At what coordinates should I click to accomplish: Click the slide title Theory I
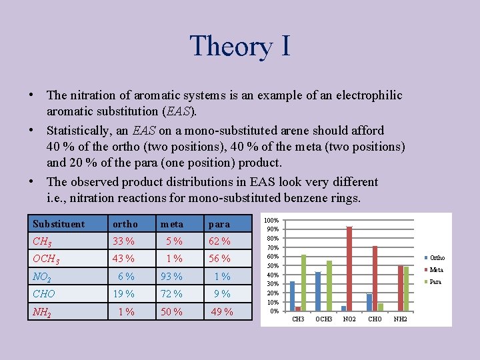[240, 45]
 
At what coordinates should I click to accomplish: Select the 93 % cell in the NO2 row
[171, 277]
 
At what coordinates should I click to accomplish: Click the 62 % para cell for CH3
[219, 241]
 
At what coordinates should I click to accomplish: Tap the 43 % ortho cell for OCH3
[123, 259]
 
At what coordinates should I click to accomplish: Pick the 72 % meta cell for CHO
[171, 294]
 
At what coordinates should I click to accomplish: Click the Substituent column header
[59, 224]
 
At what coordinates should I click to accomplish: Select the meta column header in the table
[171, 224]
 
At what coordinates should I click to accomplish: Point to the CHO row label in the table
[44, 294]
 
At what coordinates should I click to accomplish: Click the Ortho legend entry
[437, 258]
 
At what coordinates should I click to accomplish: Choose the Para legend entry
[435, 282]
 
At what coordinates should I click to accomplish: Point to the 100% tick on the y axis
[271, 221]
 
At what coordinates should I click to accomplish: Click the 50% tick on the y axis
[273, 266]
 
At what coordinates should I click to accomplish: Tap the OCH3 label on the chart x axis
[324, 319]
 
